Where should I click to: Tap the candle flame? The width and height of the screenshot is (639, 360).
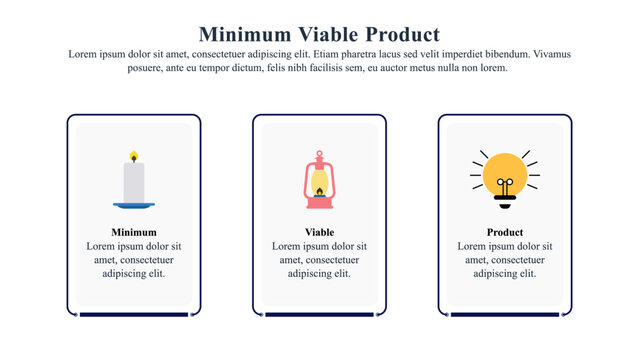click(133, 157)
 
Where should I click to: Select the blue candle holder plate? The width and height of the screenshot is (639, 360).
click(134, 205)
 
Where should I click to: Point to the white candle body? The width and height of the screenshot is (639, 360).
click(133, 182)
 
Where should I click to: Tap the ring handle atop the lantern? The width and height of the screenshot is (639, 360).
click(319, 155)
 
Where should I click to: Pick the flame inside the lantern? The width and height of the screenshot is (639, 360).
click(319, 189)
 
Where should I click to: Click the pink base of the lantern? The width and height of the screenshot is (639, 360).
click(319, 203)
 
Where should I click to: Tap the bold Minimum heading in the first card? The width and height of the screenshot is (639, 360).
click(134, 232)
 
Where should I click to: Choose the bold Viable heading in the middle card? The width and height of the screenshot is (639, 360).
click(319, 232)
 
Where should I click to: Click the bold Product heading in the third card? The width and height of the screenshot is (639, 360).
click(505, 232)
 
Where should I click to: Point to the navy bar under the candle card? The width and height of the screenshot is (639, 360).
click(134, 315)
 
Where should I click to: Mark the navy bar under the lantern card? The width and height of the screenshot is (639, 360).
click(319, 315)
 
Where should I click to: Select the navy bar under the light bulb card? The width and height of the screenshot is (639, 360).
click(505, 315)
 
